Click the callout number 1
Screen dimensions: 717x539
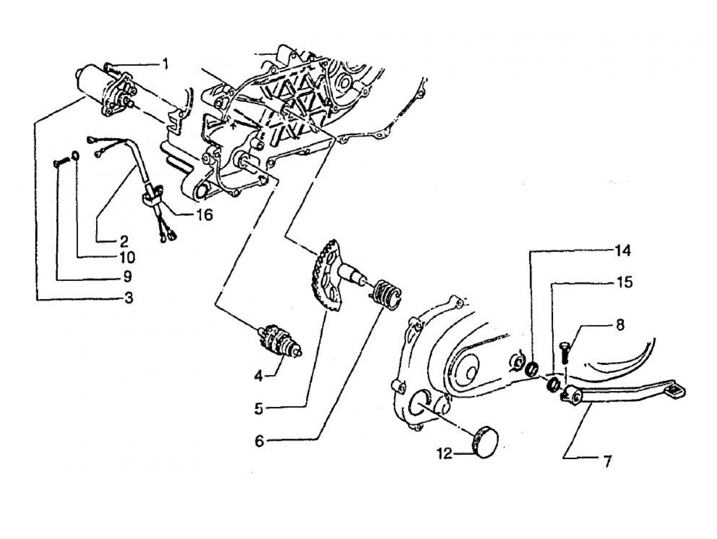click(165, 64)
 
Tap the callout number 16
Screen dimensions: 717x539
click(204, 215)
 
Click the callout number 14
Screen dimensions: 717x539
click(623, 252)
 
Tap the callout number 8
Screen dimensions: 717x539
click(620, 325)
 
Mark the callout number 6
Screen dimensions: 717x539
click(260, 441)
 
